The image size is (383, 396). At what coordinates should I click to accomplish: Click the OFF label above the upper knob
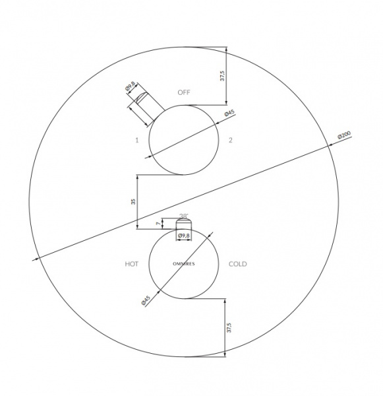coord(184,92)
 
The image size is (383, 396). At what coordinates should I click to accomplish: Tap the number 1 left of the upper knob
coord(137,140)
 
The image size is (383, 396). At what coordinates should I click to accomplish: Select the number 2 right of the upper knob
coord(230,140)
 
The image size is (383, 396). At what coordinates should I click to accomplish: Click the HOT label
coord(131,264)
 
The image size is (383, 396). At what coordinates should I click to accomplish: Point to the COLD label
coord(238,264)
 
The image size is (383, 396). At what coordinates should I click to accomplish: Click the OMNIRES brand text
coord(184,264)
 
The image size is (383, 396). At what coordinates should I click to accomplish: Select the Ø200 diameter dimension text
coord(344,135)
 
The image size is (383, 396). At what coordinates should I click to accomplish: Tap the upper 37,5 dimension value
coord(222,76)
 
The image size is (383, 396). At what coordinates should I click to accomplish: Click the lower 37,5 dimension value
coord(229,327)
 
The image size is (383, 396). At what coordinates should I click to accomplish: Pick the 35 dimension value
coord(133,201)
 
